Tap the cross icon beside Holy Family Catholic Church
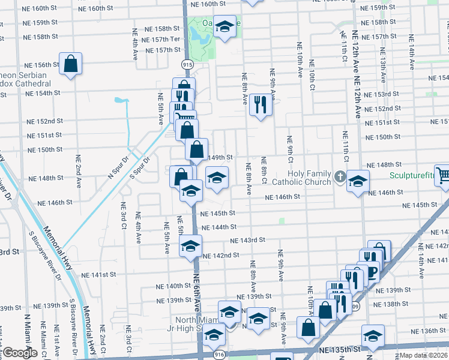coord(340,176)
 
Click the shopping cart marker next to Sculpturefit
coord(442,175)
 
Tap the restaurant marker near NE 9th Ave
coord(261,104)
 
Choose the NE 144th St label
coord(220,227)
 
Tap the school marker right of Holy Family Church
coord(358,181)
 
